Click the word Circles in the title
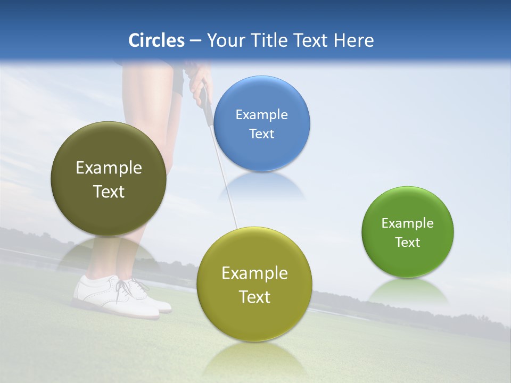[156, 40]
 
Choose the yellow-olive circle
[254, 319]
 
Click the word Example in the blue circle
[262, 114]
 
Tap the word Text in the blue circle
[262, 134]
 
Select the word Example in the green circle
[408, 223]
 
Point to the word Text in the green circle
[408, 242]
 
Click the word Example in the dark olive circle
[109, 168]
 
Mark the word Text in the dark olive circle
[109, 191]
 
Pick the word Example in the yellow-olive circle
[254, 273]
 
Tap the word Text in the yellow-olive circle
[254, 297]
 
